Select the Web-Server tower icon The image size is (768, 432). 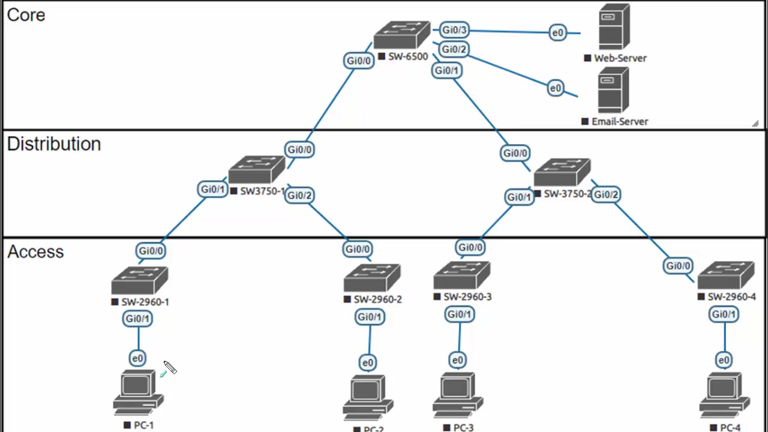click(614, 27)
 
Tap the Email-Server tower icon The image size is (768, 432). click(613, 90)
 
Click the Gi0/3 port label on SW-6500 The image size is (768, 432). click(454, 30)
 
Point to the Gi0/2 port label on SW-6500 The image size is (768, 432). click(454, 49)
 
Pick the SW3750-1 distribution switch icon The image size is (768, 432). click(257, 170)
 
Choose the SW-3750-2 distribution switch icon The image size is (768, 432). click(562, 173)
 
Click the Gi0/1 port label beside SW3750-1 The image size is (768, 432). click(212, 190)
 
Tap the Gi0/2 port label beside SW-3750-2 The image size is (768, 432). click(606, 194)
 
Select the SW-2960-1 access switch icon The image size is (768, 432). click(140, 280)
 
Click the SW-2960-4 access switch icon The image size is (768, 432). click(726, 276)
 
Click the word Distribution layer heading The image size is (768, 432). click(54, 144)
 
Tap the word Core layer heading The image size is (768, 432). click(26, 15)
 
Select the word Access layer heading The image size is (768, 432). click(35, 251)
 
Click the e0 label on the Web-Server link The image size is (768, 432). click(558, 33)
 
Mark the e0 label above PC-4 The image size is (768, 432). click(724, 360)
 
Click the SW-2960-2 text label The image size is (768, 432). click(377, 299)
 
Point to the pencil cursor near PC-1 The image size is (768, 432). click(169, 368)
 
